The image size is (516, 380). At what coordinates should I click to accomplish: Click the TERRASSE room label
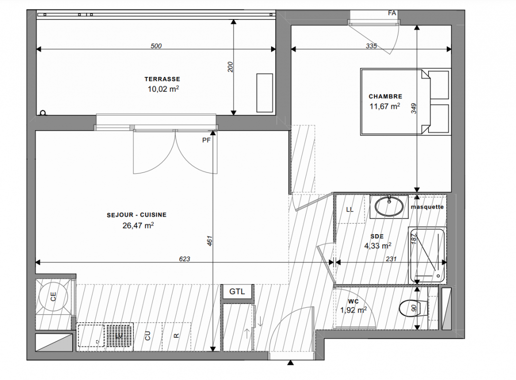pyautogui.click(x=162, y=79)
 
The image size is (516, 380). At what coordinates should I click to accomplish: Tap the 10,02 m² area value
pyautogui.click(x=163, y=89)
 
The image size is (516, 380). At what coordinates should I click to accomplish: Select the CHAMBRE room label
pyautogui.click(x=385, y=96)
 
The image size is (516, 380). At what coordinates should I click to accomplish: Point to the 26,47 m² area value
pyautogui.click(x=138, y=225)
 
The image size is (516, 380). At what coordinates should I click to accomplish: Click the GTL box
pyautogui.click(x=237, y=292)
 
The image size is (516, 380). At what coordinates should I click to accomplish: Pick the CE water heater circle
pyautogui.click(x=54, y=297)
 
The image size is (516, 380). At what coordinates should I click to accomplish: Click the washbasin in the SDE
pyautogui.click(x=389, y=207)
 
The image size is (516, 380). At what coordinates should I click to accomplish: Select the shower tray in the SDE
pyautogui.click(x=427, y=256)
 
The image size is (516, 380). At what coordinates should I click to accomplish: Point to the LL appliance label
pyautogui.click(x=350, y=210)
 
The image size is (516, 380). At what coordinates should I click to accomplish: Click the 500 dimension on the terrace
pyautogui.click(x=156, y=46)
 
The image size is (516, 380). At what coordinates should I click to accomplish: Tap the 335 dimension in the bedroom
pyautogui.click(x=371, y=46)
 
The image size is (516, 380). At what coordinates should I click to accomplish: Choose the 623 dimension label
pyautogui.click(x=184, y=259)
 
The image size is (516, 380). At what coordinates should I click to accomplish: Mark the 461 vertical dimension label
pyautogui.click(x=210, y=240)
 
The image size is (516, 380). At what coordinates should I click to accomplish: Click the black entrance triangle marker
pyautogui.click(x=290, y=362)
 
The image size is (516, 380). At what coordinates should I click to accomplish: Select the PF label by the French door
pyautogui.click(x=206, y=140)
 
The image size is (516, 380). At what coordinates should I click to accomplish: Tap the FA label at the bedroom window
pyautogui.click(x=392, y=13)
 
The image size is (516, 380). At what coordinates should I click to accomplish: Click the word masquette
pyautogui.click(x=427, y=207)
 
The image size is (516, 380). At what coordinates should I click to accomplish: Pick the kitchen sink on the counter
pyautogui.click(x=91, y=335)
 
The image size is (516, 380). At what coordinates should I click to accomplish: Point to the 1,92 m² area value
pyautogui.click(x=354, y=310)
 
